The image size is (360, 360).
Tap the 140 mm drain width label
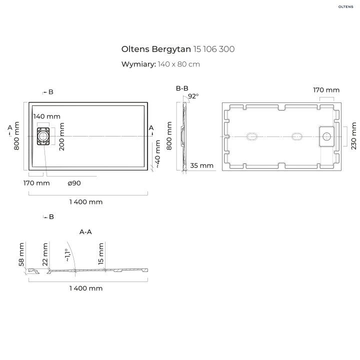point(46,116)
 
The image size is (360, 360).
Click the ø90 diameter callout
point(74,183)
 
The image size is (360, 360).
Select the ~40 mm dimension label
point(157,154)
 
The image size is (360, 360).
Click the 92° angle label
point(193,96)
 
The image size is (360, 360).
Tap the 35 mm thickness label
point(202,165)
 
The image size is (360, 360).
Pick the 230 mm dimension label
point(354,135)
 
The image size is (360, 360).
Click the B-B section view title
point(182,88)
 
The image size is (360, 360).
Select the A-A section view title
point(85,232)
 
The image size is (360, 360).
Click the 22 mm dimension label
point(45,254)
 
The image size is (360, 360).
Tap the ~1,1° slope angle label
point(67,255)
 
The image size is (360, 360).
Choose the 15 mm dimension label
point(101,254)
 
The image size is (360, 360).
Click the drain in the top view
point(43,135)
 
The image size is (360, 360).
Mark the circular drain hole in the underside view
point(328,135)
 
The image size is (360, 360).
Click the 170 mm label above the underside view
point(326,90)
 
